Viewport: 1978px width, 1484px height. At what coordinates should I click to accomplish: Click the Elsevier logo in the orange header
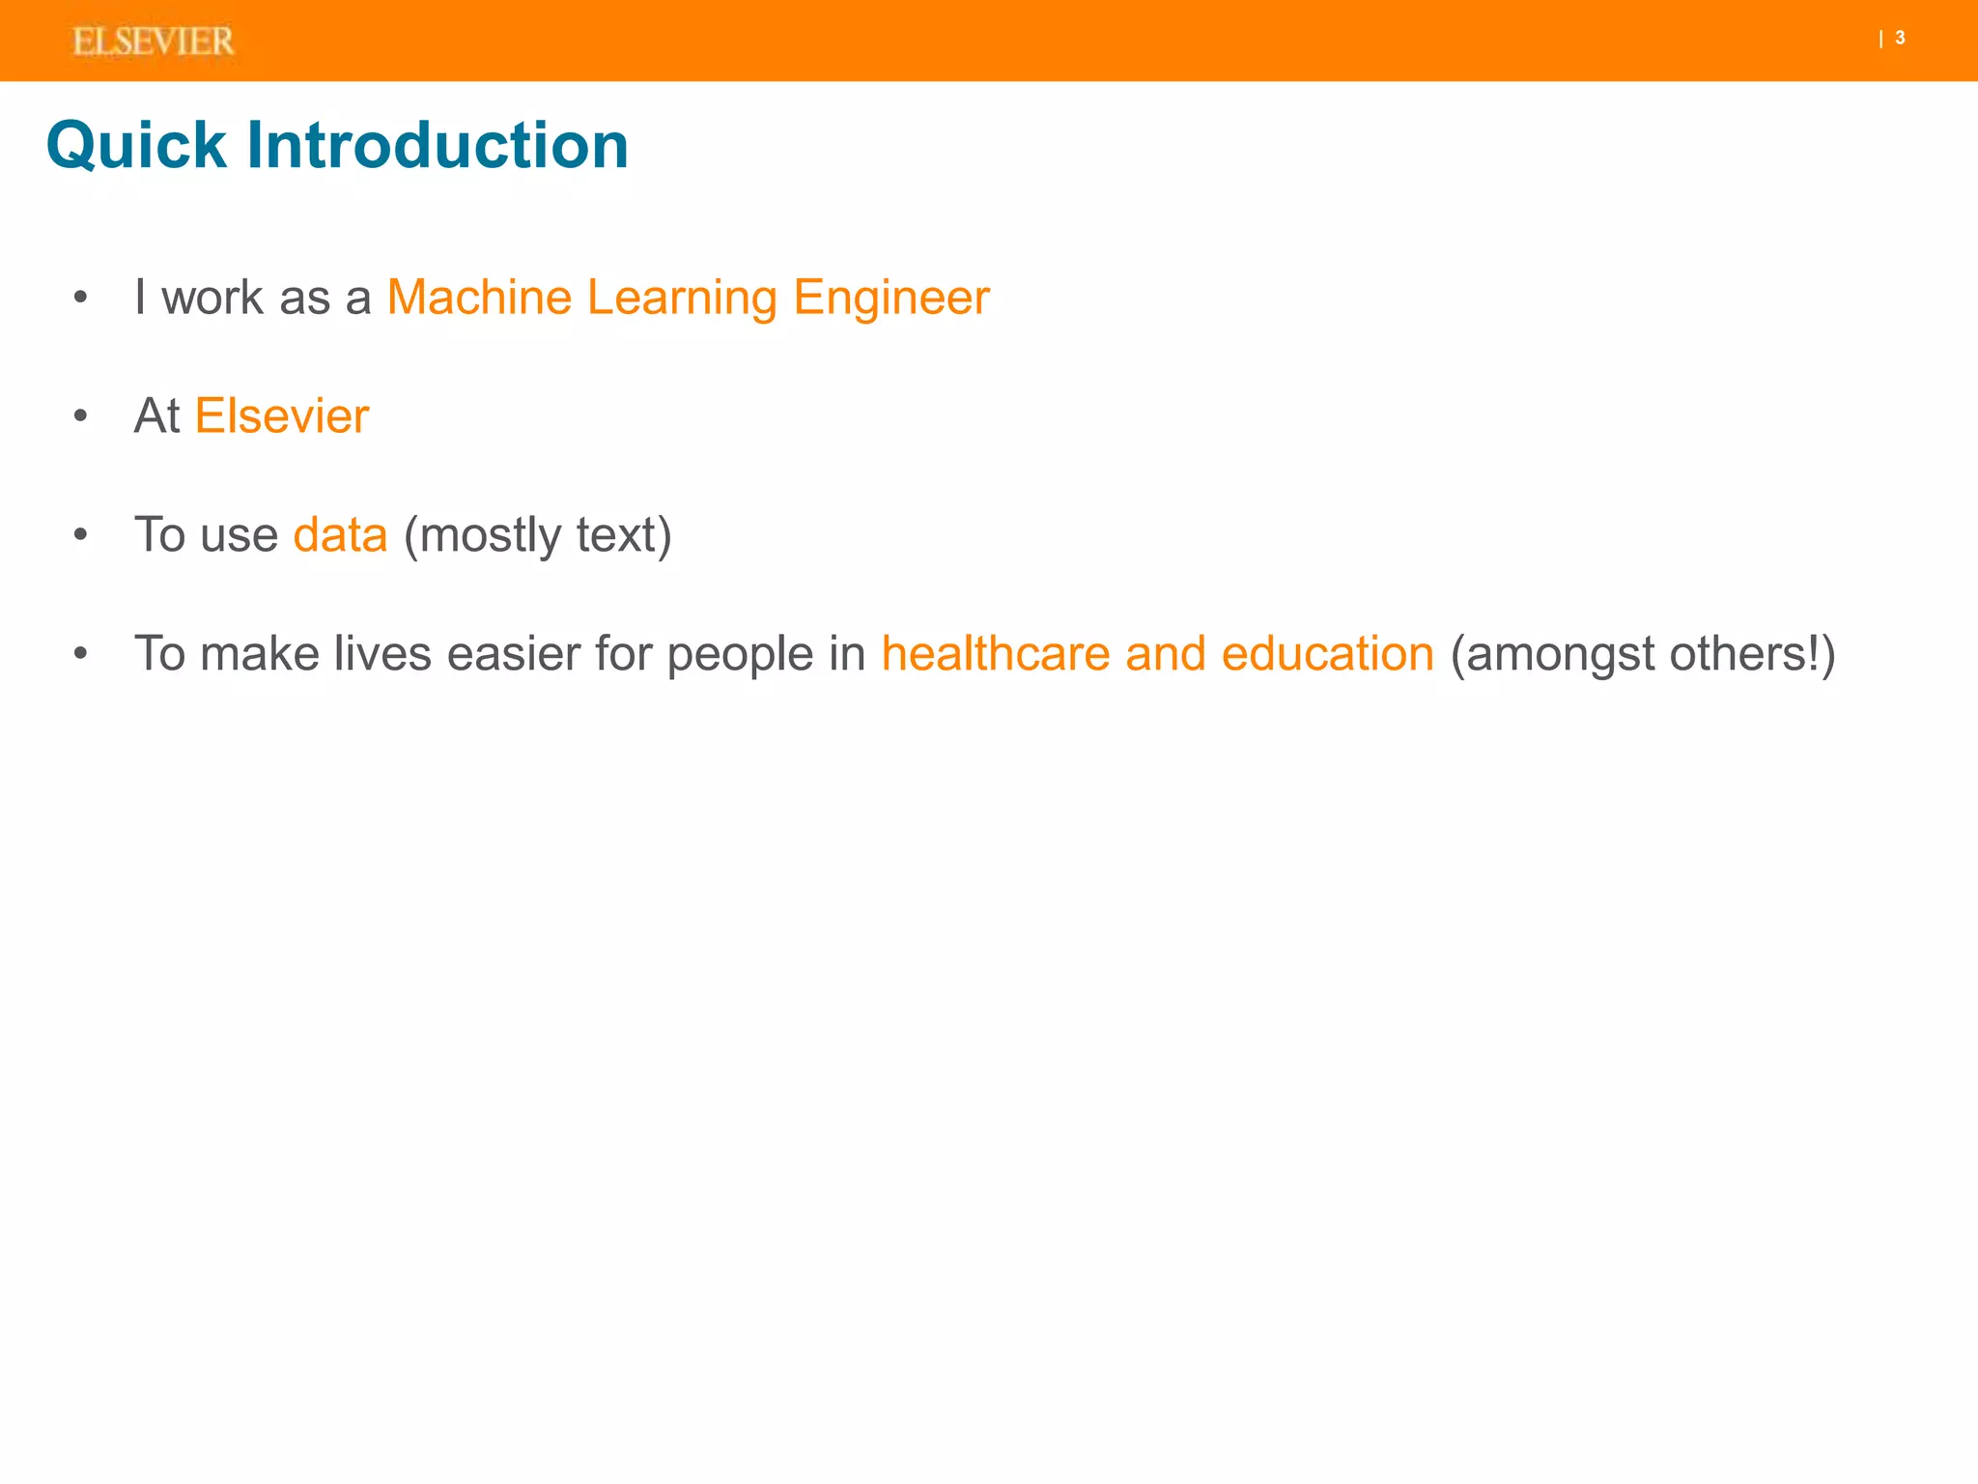click(153, 42)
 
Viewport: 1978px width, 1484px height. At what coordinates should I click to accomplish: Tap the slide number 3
click(1900, 39)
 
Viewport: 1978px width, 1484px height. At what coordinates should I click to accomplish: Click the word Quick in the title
click(136, 146)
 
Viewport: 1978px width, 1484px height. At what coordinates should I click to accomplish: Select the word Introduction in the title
click(437, 146)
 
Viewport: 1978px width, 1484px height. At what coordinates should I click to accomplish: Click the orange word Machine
click(479, 298)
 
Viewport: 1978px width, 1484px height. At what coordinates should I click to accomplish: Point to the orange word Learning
click(682, 298)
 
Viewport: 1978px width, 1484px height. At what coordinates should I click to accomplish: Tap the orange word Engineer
click(890, 298)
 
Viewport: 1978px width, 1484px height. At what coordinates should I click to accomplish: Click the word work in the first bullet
click(212, 298)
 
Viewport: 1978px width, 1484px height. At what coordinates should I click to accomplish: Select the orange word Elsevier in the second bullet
click(282, 416)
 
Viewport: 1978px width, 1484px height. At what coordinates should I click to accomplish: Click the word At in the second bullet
click(156, 416)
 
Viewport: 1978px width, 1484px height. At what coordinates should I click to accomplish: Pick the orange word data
click(340, 535)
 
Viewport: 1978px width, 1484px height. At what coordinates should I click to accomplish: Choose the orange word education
click(1327, 654)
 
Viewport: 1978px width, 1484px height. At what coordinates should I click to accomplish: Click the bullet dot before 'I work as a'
click(81, 299)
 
